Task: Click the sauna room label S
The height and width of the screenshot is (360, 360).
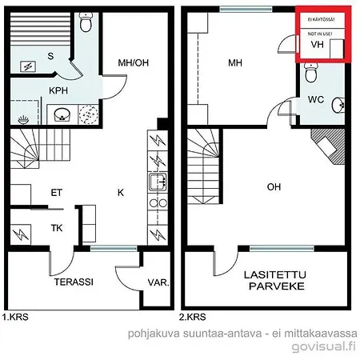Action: point(50,56)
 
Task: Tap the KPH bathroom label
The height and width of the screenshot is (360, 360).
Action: point(57,91)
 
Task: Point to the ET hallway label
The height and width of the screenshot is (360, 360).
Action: point(57,192)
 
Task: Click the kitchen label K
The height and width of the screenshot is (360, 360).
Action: point(121,192)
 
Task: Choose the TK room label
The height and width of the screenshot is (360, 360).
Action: point(57,228)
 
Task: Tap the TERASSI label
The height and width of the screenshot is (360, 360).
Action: point(74,282)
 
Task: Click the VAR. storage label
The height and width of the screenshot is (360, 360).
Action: point(157,282)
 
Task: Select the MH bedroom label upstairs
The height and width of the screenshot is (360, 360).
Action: point(234,62)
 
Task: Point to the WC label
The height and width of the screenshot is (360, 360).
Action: point(317,101)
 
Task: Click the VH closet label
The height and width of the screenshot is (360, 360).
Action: point(317,46)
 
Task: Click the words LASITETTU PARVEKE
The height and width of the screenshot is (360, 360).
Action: point(274,279)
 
